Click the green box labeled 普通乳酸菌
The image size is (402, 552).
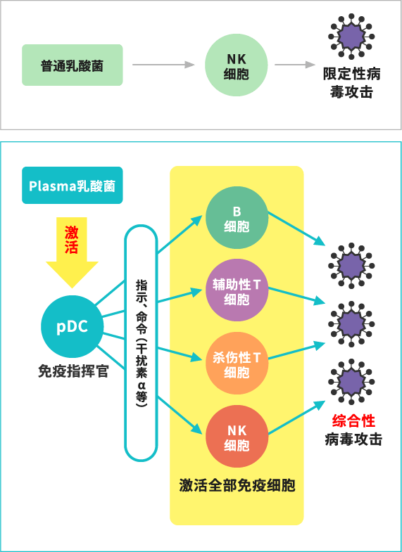coord(73,65)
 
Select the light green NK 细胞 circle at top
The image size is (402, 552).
coord(236,65)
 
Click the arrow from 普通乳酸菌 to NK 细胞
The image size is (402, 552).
coord(163,65)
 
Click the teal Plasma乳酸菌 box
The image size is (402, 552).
coord(73,186)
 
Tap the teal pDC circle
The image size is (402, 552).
coord(73,326)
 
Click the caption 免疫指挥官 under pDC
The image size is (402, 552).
coord(73,371)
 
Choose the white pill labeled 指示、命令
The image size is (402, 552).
coord(142,343)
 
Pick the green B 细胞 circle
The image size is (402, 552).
coord(237,219)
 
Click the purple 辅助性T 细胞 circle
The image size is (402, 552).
coord(237,291)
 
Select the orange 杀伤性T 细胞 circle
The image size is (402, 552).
coord(237,364)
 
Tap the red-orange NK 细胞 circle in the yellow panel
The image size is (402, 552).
coord(237,437)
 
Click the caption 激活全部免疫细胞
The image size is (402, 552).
coord(237,486)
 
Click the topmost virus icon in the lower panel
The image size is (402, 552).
coord(351,266)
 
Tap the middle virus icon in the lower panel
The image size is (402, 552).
coord(351,323)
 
